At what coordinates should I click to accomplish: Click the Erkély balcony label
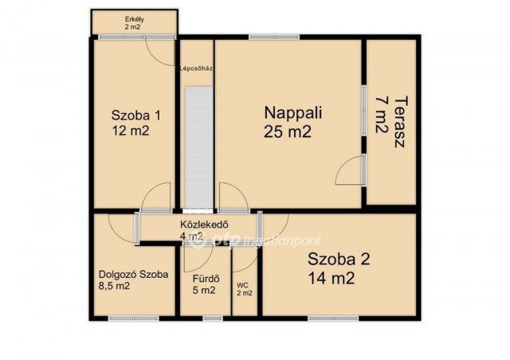tap(135, 19)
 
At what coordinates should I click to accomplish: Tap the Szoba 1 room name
tap(136, 115)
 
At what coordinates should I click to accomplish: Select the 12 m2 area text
tap(131, 131)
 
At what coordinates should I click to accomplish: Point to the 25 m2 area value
tap(288, 131)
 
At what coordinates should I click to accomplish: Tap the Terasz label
tap(401, 122)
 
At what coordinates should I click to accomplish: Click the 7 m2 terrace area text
tap(382, 115)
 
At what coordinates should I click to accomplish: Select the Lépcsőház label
tap(197, 68)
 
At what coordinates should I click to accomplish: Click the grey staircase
tap(198, 147)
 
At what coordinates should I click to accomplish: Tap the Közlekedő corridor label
tap(204, 225)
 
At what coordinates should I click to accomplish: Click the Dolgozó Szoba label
tap(133, 275)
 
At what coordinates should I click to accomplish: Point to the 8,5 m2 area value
tap(114, 286)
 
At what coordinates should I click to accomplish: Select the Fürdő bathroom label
tap(206, 279)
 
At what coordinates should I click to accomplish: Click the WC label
tap(242, 285)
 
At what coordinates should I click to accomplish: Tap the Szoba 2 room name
tap(339, 260)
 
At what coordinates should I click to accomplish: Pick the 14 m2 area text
tap(331, 279)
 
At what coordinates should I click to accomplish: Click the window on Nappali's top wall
tap(274, 37)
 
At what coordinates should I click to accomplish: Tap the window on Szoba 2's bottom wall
tap(333, 319)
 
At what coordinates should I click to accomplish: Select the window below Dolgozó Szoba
tap(134, 319)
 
